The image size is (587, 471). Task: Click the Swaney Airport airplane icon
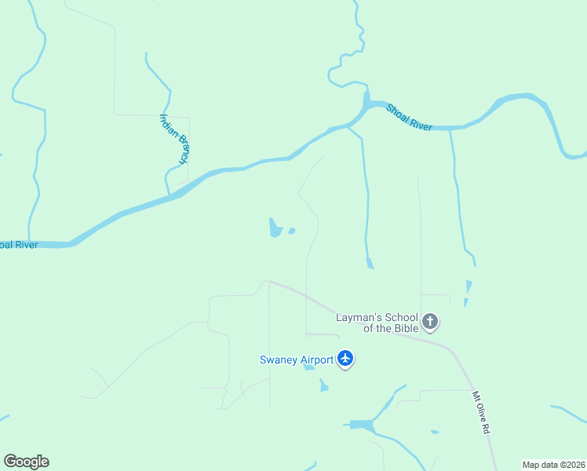pos(345,360)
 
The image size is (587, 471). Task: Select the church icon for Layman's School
pos(430,321)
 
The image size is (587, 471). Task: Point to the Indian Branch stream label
pos(174,139)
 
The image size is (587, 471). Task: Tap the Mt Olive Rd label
pos(480,414)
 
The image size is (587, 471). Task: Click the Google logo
pos(26,462)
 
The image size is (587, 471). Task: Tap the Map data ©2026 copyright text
pos(553,465)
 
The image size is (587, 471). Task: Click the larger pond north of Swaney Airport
pos(275,228)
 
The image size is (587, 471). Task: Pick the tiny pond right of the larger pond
pos(291,231)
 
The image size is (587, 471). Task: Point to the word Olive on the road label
pos(480,414)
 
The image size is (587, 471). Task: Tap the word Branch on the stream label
pos(182,150)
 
